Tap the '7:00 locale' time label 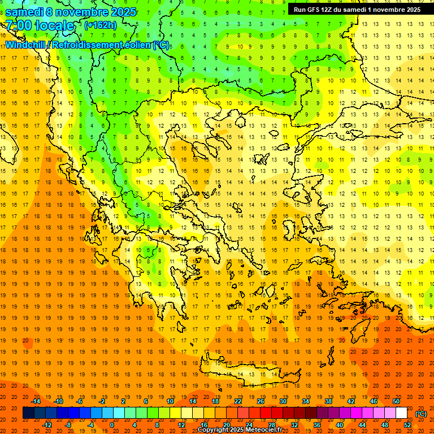point(40,25)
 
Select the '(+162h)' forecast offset point(101,25)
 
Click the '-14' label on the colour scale point(36,401)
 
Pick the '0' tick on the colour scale point(111,425)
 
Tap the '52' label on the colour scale point(407,425)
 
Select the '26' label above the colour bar point(261,401)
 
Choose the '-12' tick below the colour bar point(47,425)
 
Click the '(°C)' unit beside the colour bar point(421,414)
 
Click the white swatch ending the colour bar point(402,413)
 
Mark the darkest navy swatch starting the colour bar point(28,413)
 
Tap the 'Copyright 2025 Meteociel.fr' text point(240,430)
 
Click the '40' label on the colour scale point(340,425)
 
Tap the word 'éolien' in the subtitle point(134,45)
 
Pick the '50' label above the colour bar point(396,401)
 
